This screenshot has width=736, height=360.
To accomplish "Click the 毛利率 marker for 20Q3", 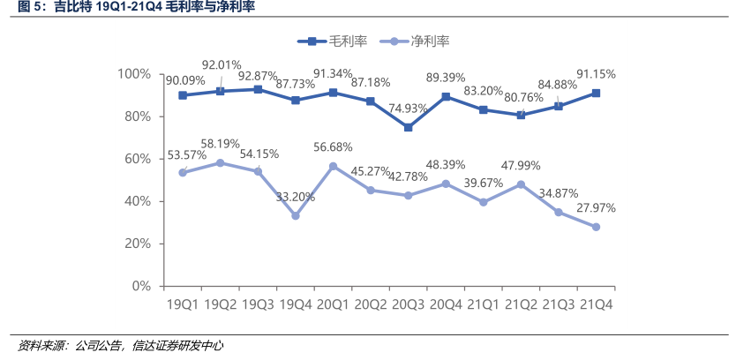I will pos(409,127).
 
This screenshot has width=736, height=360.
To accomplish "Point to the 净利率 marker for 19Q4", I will pos(296,215).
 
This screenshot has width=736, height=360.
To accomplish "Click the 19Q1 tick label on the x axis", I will pos(183,304).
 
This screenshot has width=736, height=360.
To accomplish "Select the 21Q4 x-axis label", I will pos(596,304).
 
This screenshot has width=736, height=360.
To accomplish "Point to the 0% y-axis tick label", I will pos(141,286).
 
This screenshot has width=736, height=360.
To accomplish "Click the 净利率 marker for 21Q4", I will pos(597,227).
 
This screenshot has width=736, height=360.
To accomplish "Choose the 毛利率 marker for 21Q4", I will pos(597,93).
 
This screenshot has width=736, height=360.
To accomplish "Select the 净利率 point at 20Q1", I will pos(334,166).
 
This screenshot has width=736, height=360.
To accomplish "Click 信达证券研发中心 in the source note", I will pos(177,346).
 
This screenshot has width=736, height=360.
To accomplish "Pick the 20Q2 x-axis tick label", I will pos(371,304).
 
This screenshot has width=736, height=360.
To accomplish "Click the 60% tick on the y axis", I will pos(138,159).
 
